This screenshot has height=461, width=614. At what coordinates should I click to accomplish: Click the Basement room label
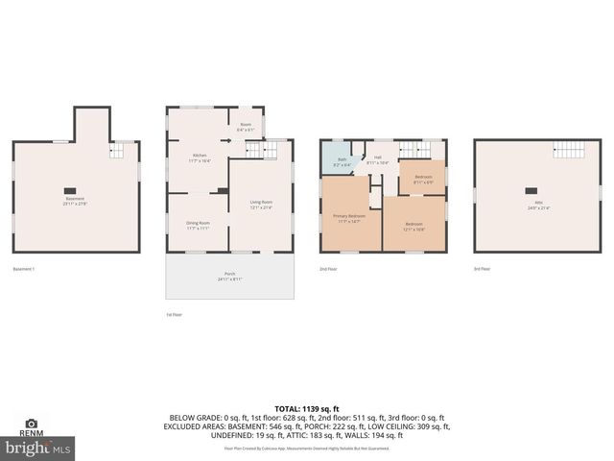pyautogui.click(x=74, y=200)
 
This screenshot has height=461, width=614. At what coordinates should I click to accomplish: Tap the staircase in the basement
pyautogui.click(x=120, y=151)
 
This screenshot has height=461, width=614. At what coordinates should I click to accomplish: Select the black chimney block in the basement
pyautogui.click(x=70, y=189)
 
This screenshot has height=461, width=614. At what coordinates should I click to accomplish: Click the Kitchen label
pyautogui.click(x=201, y=158)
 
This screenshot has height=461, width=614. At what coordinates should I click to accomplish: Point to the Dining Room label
pyautogui.click(x=199, y=225)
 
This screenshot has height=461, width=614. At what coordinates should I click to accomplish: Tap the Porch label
pyautogui.click(x=229, y=276)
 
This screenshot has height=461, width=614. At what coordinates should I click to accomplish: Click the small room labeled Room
pyautogui.click(x=245, y=127)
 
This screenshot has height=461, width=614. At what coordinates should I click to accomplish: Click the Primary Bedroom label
pyautogui.click(x=348, y=217)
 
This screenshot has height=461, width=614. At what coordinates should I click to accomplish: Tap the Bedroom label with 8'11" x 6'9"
pyautogui.click(x=423, y=180)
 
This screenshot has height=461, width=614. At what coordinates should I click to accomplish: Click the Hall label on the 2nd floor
pyautogui.click(x=377, y=160)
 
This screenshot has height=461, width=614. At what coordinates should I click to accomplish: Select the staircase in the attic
pyautogui.click(x=569, y=151)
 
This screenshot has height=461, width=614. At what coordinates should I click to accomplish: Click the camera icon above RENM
pyautogui.click(x=31, y=423)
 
